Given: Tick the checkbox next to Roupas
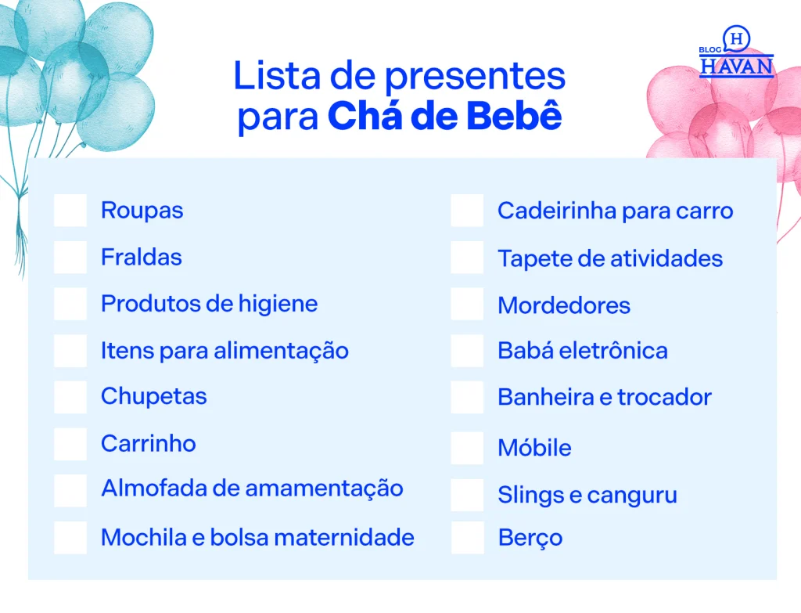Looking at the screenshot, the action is pos(70,210).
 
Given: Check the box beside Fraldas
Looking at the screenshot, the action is pos(70,257).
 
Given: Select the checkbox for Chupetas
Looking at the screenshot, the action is pos(70,397).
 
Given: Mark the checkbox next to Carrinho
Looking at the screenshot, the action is pos(70,444).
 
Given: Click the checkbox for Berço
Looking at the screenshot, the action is pos(468,538).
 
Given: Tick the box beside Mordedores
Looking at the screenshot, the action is pos(468,305).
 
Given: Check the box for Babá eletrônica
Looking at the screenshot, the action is pos(468,351).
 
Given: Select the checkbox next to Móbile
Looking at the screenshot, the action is pos(468,449).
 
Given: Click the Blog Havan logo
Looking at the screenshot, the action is pos(736,52).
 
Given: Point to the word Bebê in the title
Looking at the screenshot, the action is pos(515,116).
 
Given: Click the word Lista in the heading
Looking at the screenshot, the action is pos(278,76).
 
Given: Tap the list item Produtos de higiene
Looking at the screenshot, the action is pos(210,305).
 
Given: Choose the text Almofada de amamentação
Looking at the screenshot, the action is pos(253,489).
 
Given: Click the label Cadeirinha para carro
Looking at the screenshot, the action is pos(616,211).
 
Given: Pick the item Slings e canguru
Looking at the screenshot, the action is pos(587,496).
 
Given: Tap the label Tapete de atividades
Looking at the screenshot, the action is pos(610,258).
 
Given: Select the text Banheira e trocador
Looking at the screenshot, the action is pos(605,397).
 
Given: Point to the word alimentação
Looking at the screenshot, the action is pos(281,352).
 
